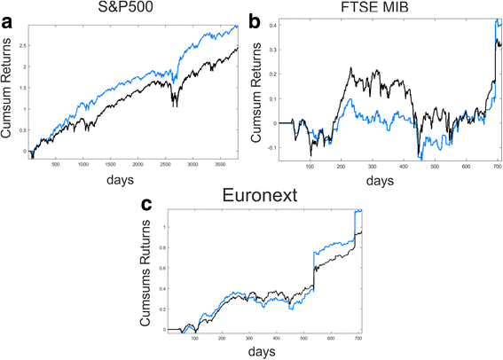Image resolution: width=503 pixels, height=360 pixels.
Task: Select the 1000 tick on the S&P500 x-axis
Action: [x=83, y=162]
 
